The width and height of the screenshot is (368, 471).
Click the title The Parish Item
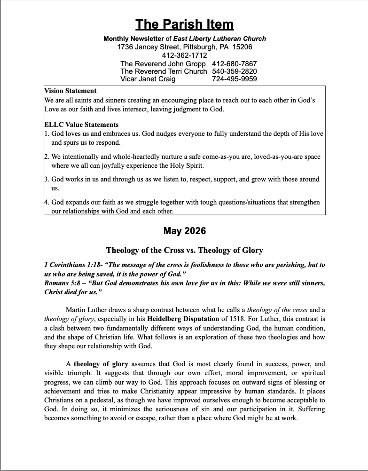point(184,24)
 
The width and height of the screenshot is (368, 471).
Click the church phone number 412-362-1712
point(184,55)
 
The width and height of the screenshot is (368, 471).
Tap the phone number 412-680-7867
point(234,63)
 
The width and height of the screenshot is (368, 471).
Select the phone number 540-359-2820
point(234,71)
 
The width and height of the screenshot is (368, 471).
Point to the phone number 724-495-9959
point(234,79)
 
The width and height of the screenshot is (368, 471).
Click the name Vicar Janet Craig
point(148,79)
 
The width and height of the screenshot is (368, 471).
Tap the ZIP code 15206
point(242,47)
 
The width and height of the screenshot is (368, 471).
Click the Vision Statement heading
point(70,91)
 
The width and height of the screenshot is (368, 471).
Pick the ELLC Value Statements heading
point(81,125)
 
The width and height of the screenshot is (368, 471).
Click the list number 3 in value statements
point(46,179)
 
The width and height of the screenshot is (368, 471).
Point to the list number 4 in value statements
point(46,202)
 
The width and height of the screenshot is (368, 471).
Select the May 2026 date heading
point(184,231)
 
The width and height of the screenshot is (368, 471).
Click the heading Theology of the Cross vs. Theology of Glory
point(184,250)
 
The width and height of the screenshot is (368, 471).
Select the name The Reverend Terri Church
point(163,71)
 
